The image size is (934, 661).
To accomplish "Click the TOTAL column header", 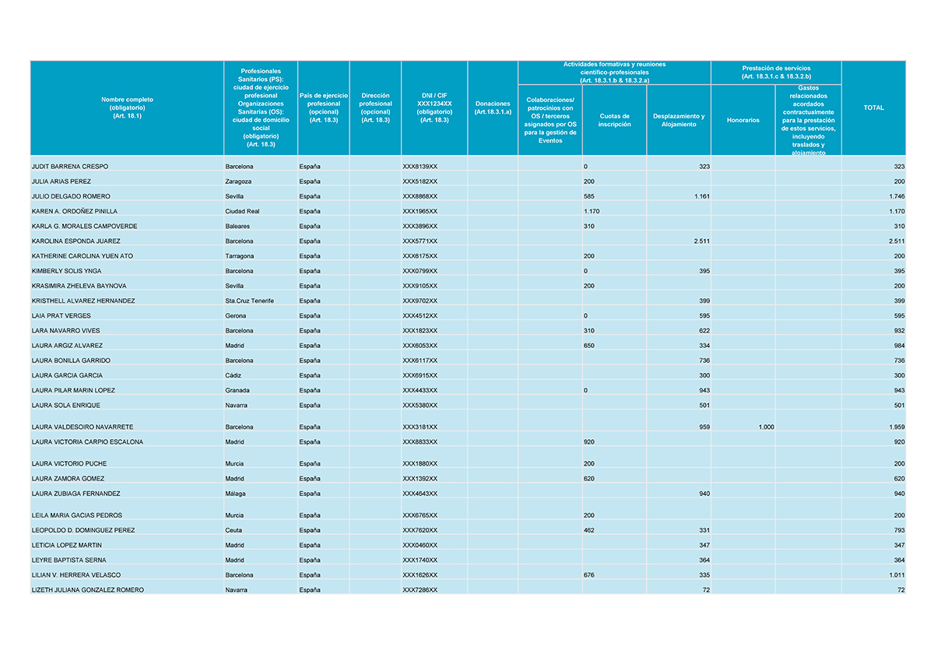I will [x=873, y=108].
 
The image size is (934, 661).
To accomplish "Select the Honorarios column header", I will [x=743, y=120].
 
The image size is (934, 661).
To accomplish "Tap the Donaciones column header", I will [x=493, y=107].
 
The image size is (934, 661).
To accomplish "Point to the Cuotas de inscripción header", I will [x=614, y=120].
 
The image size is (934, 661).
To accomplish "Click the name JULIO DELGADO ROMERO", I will [x=71, y=196].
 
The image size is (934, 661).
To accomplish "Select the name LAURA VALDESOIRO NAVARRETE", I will [x=82, y=427].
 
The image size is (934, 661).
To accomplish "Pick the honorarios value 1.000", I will [x=766, y=427].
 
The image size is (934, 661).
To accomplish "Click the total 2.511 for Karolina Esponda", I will [x=896, y=241].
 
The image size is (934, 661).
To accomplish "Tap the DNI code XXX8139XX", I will [x=420, y=167].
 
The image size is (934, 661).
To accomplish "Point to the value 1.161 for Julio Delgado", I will [x=701, y=196].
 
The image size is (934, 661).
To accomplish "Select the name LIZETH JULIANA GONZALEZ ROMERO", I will [x=88, y=590].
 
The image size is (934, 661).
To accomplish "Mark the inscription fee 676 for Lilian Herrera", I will [x=589, y=575].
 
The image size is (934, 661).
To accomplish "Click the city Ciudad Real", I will [x=243, y=211].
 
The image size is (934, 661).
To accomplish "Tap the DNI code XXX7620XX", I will [x=420, y=530].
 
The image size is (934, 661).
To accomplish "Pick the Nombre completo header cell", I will [x=127, y=107].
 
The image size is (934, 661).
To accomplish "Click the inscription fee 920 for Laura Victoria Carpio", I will [x=589, y=441].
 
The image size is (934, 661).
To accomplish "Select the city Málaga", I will [x=236, y=494].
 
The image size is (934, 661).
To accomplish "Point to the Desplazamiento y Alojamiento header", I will [x=679, y=120].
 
